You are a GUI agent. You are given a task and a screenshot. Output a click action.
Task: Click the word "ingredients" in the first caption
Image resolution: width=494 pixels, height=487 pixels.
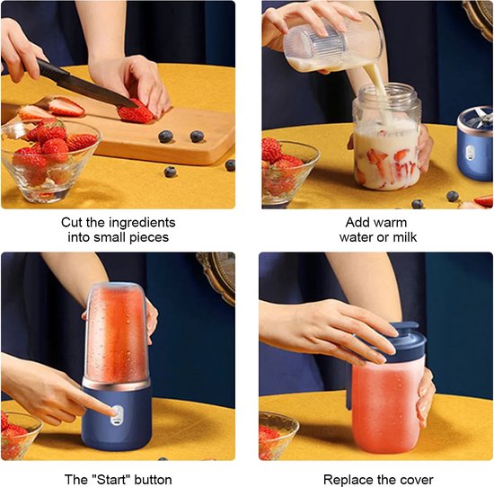[x=142, y=223]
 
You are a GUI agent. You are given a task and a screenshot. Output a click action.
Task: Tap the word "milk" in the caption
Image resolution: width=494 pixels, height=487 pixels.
[x=403, y=237]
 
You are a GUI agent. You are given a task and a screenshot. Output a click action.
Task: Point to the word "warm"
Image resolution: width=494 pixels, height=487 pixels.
[x=392, y=223]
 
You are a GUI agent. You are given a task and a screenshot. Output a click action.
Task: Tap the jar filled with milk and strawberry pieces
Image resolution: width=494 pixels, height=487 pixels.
[x=387, y=137]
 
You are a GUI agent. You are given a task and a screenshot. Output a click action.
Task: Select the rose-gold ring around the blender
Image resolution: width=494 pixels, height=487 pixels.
[x=116, y=384]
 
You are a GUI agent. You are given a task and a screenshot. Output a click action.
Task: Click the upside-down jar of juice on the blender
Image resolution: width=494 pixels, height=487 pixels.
[x=117, y=333]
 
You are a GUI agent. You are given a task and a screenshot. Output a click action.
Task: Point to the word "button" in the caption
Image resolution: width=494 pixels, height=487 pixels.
[x=153, y=480]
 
